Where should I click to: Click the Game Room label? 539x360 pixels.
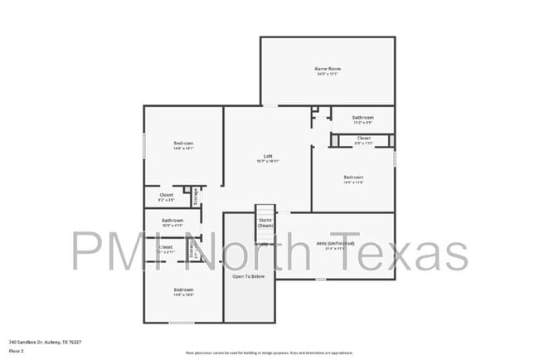coord(328,68)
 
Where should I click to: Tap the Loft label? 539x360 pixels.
coord(268,156)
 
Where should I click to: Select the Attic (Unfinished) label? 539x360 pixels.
coord(336,243)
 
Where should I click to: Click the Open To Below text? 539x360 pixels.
coord(249,276)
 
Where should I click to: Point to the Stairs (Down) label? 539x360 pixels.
coord(265,222)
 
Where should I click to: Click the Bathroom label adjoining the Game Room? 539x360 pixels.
coord(362,117)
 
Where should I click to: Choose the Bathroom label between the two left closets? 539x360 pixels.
coord(172,220)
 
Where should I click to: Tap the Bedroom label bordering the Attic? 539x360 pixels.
coord(353,177)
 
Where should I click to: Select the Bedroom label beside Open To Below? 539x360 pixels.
coord(183,289)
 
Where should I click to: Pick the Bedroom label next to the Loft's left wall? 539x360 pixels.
coord(183,144)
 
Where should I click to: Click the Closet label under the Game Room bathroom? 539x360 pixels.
coord(364,138)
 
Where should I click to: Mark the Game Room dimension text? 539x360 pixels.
coord(328,74)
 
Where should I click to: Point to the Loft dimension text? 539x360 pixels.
coord(268,161)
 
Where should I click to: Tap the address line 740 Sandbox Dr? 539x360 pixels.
coord(45,342)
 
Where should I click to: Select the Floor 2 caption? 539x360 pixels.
coord(16,350)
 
